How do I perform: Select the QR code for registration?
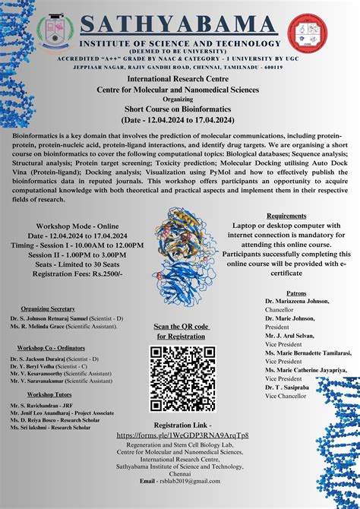click(182, 378)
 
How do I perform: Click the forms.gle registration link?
click(182, 435)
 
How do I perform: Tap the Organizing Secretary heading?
click(48, 309)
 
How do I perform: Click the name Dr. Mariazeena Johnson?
click(297, 301)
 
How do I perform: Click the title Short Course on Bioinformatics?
click(180, 109)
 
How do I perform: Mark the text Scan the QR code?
click(181, 327)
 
